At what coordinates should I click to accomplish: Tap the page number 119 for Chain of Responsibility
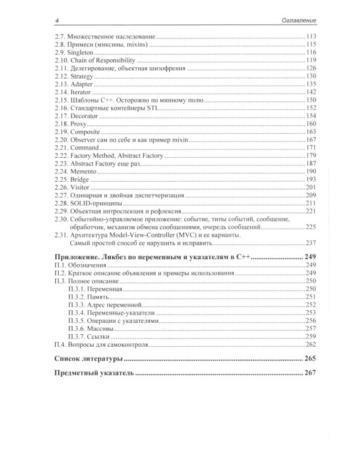(311, 61)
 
